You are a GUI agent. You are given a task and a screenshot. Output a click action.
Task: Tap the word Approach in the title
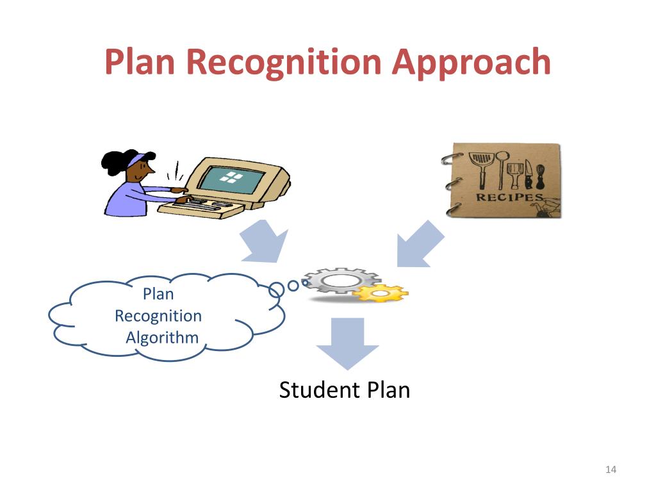[x=471, y=62]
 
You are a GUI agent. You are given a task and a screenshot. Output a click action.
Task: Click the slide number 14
[x=610, y=470]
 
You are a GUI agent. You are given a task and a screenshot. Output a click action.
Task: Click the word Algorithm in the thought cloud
[x=162, y=337]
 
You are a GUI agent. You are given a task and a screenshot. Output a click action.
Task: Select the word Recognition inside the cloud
[x=158, y=316]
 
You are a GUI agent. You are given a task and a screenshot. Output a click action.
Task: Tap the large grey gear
[x=340, y=281]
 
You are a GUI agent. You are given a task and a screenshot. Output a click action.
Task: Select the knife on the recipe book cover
[x=529, y=171]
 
